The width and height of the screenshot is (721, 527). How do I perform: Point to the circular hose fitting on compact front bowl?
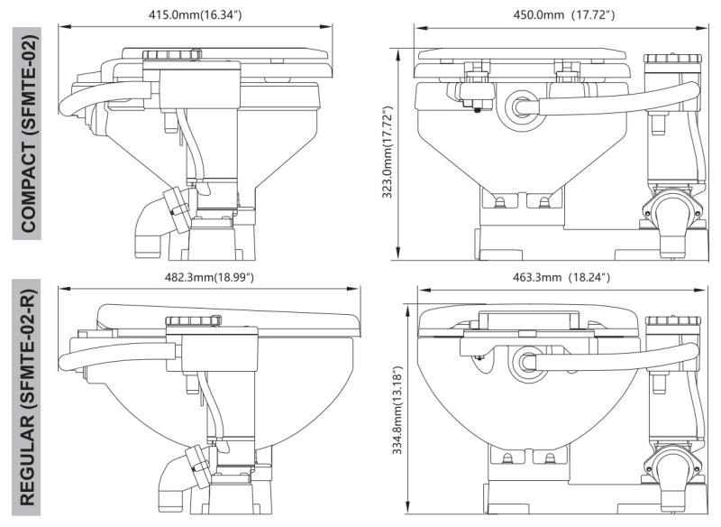coord(520,106)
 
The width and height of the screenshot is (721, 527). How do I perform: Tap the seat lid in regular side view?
coord(225,310)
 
